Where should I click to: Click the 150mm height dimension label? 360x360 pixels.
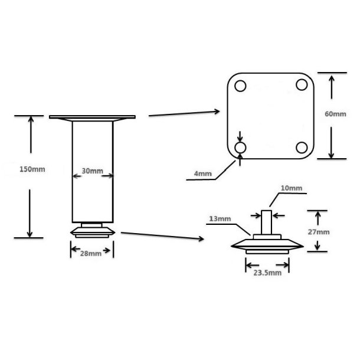[x=32, y=169]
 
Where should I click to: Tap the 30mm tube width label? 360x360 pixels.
[x=92, y=171]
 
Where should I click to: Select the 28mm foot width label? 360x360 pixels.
[x=91, y=253]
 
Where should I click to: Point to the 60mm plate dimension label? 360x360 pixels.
[x=335, y=114]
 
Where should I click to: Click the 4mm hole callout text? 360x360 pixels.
[x=203, y=174]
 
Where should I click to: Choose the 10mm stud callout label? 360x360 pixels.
[x=292, y=188]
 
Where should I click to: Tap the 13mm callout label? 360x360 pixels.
[x=220, y=218]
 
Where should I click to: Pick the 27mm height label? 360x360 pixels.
[x=319, y=232]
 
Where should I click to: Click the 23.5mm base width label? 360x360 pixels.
[x=267, y=273]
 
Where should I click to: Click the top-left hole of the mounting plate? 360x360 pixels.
[x=240, y=86]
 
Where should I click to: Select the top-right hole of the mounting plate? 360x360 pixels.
[x=302, y=84]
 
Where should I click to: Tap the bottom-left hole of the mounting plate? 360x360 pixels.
[x=240, y=148]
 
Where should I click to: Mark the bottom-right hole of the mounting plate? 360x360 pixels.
[x=302, y=148]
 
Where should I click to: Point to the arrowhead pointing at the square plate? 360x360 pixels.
[x=217, y=112]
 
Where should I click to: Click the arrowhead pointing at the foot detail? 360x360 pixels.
[x=201, y=239]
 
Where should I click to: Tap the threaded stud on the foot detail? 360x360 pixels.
[x=267, y=222]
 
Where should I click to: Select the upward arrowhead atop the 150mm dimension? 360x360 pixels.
[x=31, y=119]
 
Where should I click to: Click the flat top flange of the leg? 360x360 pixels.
[x=92, y=117]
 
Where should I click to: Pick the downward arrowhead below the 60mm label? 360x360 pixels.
[x=331, y=155]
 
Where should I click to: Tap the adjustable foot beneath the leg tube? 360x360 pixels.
[x=92, y=230]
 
